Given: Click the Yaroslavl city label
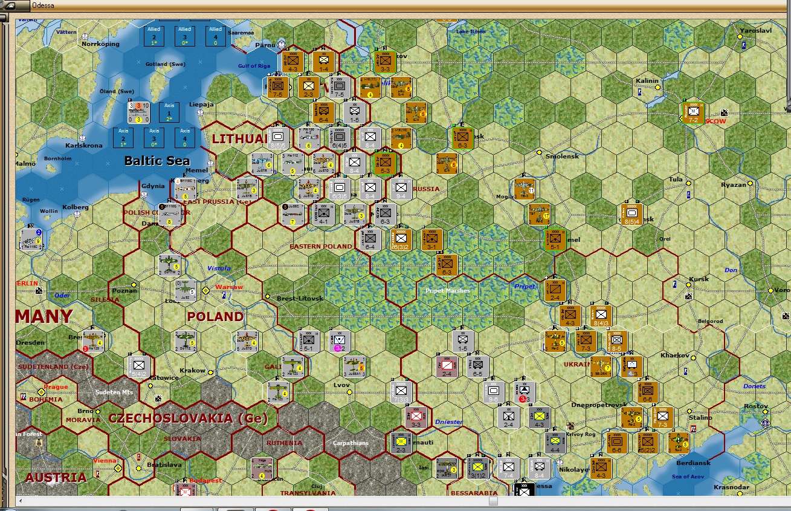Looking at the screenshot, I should coord(755,30).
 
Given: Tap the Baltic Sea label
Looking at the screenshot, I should coord(157,160).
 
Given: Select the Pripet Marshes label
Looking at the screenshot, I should coord(448,291).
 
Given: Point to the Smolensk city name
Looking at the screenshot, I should coord(562,156).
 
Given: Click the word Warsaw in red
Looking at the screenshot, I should coord(229,287).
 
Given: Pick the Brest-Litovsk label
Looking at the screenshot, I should coord(300,298).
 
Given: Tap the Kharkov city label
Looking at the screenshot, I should coord(675,355).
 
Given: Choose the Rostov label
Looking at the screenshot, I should coord(756,406).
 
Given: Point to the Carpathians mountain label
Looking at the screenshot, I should coord(350,443).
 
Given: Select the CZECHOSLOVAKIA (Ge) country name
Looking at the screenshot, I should coord(187,418).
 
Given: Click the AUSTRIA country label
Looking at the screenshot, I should coord(56,477).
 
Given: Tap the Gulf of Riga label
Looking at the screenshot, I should coord(254,66).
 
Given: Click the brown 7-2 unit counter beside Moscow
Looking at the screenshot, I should coord(694,113).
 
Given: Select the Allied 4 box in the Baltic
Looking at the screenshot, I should coord(215,36).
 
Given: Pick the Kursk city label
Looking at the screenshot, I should coord(699,279).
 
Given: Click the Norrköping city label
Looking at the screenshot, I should coord(101,44).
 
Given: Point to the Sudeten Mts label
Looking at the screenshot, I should coord(114,392).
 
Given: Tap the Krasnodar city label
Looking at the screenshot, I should coord(731,487).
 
